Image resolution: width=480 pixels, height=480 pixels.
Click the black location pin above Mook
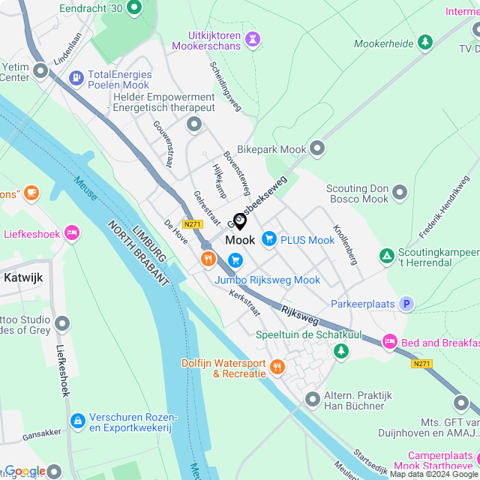[240, 221]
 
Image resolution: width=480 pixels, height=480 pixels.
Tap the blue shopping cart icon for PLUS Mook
[268, 240]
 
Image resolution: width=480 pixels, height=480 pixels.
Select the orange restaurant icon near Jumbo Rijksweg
[208, 259]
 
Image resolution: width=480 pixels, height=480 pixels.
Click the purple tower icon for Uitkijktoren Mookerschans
[253, 37]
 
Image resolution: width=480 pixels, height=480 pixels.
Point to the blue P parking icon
[406, 304]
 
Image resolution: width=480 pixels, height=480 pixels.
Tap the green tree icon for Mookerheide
[425, 43]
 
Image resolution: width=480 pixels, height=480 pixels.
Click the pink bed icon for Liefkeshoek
[71, 233]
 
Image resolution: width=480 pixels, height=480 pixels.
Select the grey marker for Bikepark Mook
[317, 148]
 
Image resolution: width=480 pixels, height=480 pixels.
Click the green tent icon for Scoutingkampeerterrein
[386, 256]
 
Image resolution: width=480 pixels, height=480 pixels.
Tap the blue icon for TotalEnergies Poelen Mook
[76, 77]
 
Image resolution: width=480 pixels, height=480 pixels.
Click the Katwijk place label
[23, 277]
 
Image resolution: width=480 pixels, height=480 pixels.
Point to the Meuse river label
[85, 187]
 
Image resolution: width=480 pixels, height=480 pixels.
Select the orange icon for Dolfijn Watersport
[277, 367]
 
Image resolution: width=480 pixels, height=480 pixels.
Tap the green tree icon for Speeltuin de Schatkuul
[341, 350]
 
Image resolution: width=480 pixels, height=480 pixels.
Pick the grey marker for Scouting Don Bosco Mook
[399, 193]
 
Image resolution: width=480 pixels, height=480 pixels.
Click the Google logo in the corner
[25, 470]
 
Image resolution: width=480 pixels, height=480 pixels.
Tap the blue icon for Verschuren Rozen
[76, 422]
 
